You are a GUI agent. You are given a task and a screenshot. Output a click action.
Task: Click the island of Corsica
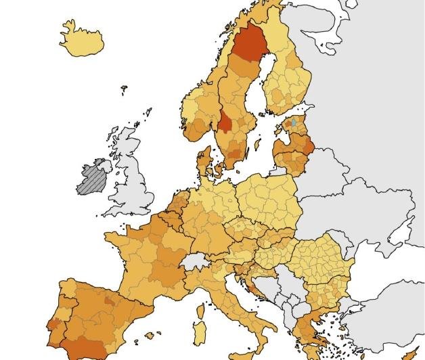point(200,313)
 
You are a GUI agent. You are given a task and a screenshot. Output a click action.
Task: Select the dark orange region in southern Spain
point(88,348)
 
